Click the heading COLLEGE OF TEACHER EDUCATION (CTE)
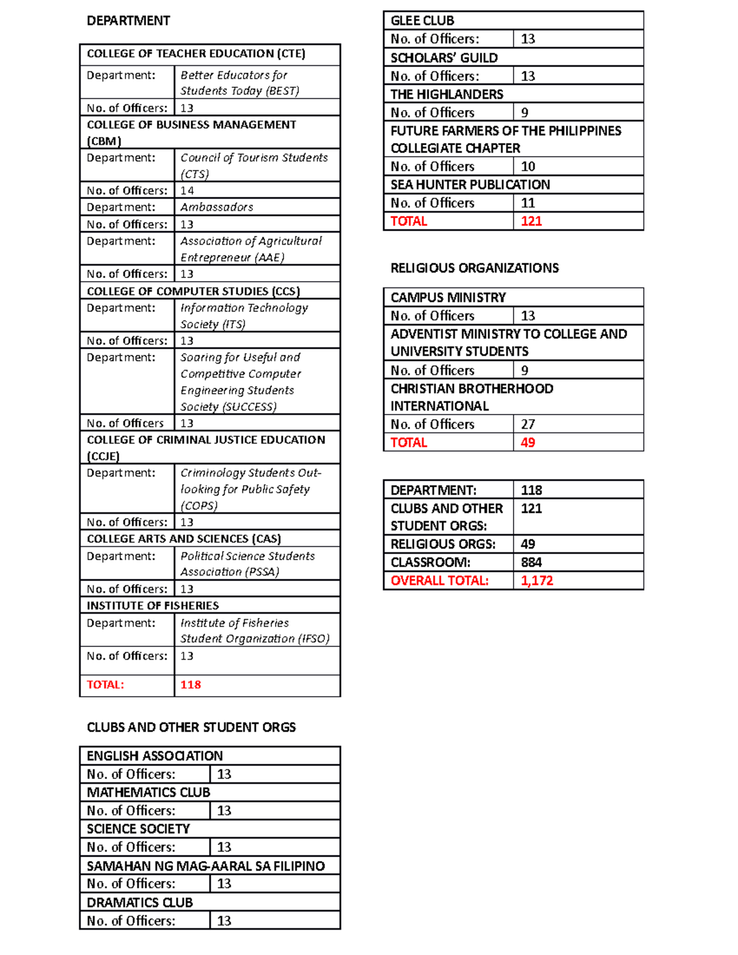point(196,54)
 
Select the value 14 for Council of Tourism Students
point(187,191)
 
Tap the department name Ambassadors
point(216,207)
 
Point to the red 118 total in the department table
point(191,685)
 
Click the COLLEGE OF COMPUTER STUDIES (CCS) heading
point(193,291)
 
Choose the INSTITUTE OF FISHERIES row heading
point(153,606)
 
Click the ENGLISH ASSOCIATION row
point(154,756)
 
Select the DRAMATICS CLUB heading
point(140,903)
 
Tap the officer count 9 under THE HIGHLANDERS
point(525,113)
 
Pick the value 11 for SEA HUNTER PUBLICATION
point(528,203)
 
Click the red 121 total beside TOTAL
point(531,221)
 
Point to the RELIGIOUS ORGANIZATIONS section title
point(474,268)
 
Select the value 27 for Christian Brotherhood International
point(528,424)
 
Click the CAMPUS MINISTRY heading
point(448,298)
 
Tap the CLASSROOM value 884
point(531,563)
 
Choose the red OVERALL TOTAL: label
point(439,581)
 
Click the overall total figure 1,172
point(537,581)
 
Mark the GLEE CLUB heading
point(422,21)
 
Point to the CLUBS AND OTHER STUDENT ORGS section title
point(191,727)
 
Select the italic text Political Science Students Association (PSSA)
point(247,564)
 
